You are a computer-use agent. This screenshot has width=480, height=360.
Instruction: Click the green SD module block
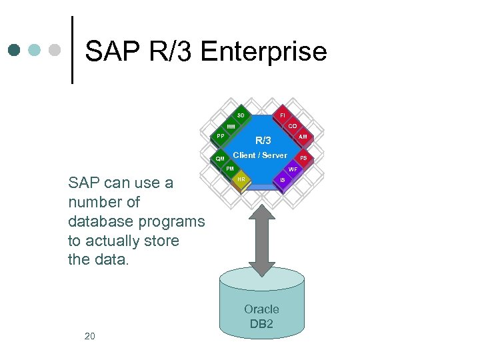point(241,115)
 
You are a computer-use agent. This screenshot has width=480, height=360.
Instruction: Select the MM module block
point(230,127)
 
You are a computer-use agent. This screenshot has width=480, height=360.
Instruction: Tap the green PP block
point(220,137)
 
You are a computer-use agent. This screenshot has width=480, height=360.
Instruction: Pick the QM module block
point(220,159)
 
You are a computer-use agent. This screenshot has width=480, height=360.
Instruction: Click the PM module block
point(230,169)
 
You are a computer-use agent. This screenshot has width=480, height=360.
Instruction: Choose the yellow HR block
point(241,180)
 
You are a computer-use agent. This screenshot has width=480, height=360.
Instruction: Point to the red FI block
point(283,115)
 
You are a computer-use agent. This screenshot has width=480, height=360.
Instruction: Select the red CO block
point(293,126)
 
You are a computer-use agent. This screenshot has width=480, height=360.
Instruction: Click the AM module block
point(303,137)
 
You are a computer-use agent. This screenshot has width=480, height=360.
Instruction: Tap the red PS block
point(303,158)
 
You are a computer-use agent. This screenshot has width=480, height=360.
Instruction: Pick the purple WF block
point(293,169)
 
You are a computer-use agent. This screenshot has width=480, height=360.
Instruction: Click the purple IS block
point(283,180)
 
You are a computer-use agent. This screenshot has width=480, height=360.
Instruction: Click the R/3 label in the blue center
point(263,141)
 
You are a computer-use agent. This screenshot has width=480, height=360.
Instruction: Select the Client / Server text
point(260,155)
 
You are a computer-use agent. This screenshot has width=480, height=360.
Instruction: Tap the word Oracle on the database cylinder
point(261,309)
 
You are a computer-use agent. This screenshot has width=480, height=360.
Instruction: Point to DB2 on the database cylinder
point(261,324)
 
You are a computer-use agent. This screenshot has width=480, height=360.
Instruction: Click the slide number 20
point(89,336)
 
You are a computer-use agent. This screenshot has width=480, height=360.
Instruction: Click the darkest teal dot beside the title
point(15,50)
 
